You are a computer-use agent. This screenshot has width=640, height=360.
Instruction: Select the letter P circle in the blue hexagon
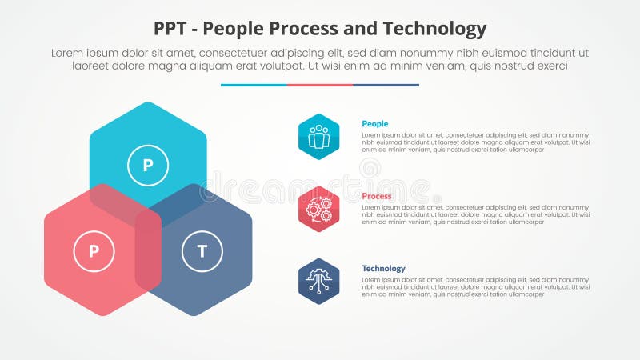coord(148,166)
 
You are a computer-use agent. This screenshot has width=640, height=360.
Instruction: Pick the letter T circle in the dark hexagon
coord(202,252)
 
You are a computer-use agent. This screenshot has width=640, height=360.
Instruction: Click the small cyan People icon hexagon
coord(319,137)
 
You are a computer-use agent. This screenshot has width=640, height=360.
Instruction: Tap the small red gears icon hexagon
coord(319,209)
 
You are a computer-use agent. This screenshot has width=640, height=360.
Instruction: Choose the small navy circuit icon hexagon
coord(319,281)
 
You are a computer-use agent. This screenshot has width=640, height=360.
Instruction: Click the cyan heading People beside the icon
coord(375,124)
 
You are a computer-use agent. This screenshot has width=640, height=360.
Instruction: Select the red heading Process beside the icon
coord(377,196)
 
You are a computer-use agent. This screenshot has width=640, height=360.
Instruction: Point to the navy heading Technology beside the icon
coord(383,268)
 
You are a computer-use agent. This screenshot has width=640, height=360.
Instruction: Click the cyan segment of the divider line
coord(254,85)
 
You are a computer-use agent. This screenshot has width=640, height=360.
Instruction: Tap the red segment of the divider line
coord(319,85)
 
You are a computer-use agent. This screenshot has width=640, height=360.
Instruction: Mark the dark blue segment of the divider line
coord(386,85)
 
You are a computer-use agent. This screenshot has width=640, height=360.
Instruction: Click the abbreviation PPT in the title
coord(170,30)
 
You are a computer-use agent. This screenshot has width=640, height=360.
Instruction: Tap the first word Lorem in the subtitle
coord(68,53)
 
